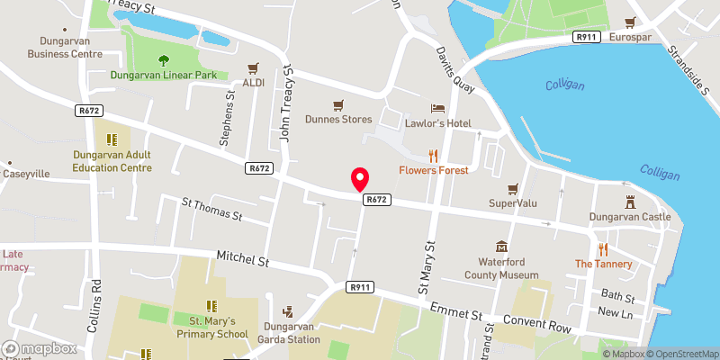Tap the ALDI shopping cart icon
(253, 67)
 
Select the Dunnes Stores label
(338, 118)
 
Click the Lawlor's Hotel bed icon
(438, 107)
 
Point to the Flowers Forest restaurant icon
(433, 154)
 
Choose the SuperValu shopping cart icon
(513, 188)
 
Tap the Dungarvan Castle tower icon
(630, 202)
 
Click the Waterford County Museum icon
(501, 247)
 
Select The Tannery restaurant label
(603, 264)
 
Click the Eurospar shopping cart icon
(632, 22)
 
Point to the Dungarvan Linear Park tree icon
(164, 61)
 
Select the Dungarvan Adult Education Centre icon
(112, 139)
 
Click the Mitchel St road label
(244, 261)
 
